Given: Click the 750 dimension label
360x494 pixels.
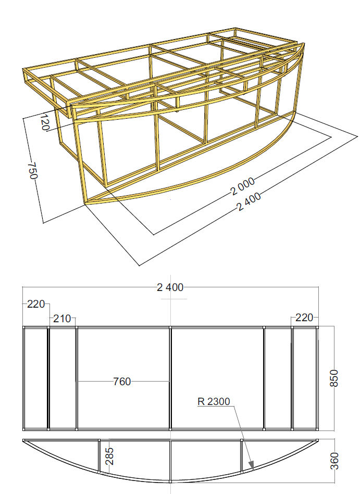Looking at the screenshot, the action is [x=33, y=170].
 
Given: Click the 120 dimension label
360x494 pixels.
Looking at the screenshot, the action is [x=45, y=122].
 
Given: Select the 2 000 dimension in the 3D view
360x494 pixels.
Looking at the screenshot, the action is [x=242, y=186].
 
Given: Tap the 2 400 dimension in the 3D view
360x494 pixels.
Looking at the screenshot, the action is [x=249, y=201].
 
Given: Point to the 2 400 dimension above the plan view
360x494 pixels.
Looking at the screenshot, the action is [x=170, y=287].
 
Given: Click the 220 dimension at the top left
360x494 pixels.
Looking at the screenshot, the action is [x=36, y=305].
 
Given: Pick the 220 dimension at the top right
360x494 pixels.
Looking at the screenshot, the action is [x=304, y=318].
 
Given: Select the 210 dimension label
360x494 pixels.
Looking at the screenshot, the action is [x=62, y=319].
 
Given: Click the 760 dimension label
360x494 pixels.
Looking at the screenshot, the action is [x=122, y=382].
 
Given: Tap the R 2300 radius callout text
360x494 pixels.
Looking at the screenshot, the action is [x=214, y=402].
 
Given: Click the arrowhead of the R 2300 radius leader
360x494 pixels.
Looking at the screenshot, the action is [x=251, y=465].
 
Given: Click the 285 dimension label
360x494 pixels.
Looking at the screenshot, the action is [x=109, y=457].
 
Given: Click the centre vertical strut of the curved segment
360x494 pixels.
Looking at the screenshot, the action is [x=170, y=461].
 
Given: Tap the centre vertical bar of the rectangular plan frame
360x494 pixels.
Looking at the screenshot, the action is [x=170, y=378].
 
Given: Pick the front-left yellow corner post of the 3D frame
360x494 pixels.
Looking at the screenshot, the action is [x=81, y=161].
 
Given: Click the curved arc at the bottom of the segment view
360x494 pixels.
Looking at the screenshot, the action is [x=170, y=481].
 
